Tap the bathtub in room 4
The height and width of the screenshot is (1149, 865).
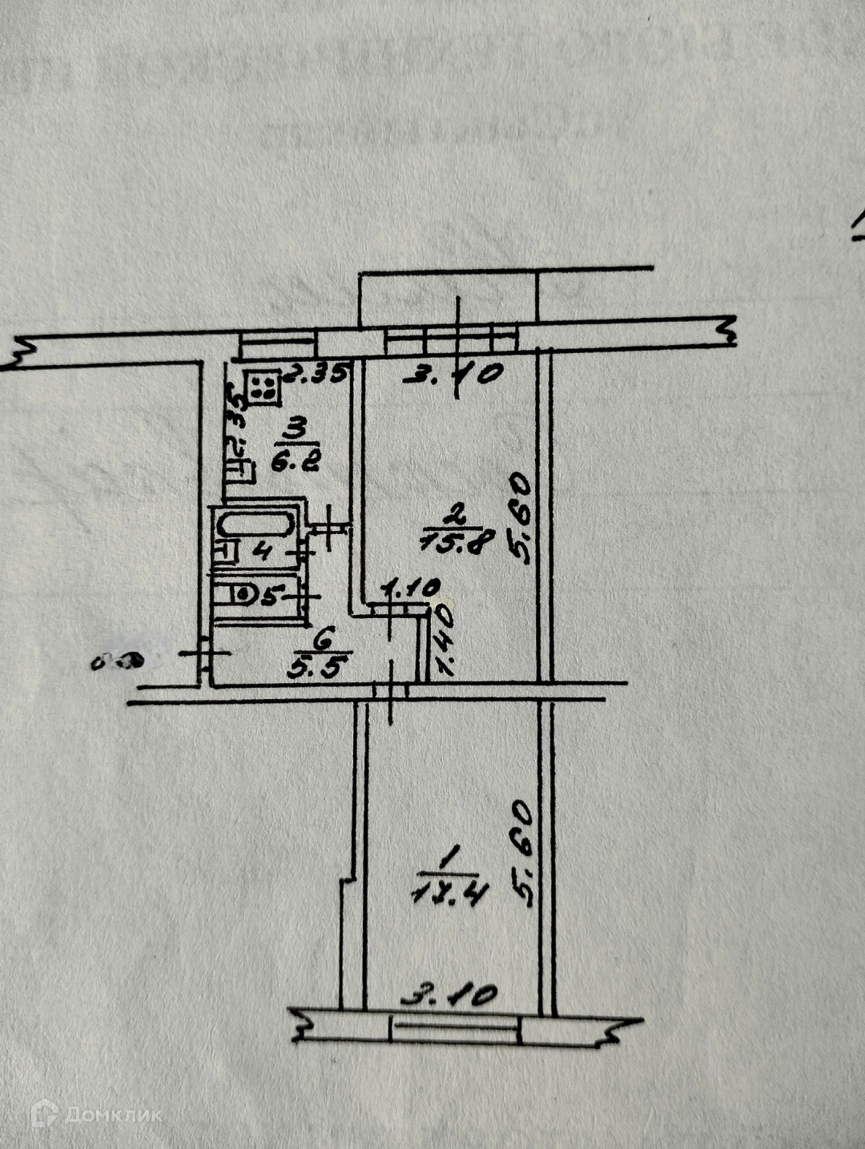pyautogui.click(x=254, y=526)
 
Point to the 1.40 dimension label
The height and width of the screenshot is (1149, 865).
pyautogui.click(x=443, y=641)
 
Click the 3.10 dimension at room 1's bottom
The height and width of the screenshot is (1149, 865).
pyautogui.click(x=449, y=996)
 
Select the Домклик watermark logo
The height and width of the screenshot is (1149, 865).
pyautogui.click(x=96, y=1114)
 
